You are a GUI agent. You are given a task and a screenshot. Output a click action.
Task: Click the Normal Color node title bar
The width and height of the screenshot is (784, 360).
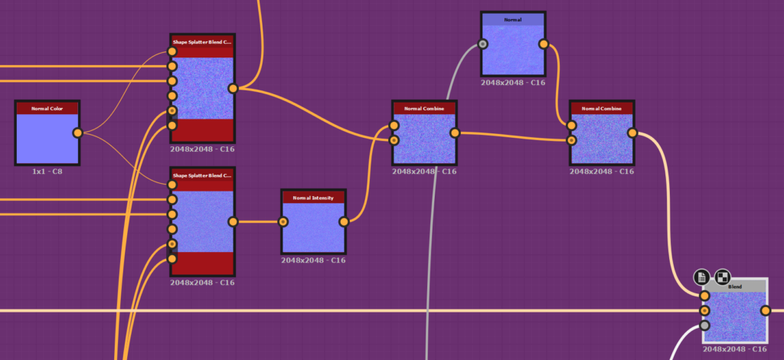pos(47,108)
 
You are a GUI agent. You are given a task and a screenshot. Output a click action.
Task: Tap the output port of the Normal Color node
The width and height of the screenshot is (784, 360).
pos(77,133)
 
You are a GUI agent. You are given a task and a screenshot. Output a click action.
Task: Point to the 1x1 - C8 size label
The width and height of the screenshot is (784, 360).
pos(47,172)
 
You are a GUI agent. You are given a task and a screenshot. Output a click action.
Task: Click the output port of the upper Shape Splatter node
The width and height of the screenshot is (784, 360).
pos(233,88)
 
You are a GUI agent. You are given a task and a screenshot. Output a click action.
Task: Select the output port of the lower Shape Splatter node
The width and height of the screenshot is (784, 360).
pos(233,221)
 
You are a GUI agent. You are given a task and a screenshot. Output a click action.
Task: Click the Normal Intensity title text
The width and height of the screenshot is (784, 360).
pos(313,198)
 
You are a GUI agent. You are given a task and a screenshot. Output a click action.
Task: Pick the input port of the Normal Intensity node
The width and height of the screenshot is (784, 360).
pos(283,222)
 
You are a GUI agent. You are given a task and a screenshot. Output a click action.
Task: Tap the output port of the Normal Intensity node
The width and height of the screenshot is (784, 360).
pos(344,222)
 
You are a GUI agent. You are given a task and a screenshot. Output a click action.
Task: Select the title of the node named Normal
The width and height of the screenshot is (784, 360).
pos(513,19)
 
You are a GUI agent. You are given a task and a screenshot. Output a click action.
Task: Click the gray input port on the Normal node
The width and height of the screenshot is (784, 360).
pos(483,44)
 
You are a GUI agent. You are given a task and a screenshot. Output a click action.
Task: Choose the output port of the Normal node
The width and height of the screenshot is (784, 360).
pos(544,44)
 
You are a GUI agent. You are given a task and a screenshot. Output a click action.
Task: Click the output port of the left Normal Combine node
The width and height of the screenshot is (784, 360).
pos(455,133)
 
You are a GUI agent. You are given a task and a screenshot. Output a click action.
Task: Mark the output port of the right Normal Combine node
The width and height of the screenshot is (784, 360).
pos(632,133)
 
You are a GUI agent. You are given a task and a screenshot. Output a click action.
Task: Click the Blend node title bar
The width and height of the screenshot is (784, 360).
pos(735,286)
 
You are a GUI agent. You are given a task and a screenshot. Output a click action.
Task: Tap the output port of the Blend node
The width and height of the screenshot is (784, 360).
pos(765,310)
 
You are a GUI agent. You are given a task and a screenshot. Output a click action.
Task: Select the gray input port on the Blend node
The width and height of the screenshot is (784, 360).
pos(704,326)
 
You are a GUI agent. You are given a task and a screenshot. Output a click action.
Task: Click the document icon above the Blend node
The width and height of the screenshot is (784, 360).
pos(701,277)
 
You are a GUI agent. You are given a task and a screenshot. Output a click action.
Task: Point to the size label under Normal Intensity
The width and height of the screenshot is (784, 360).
pos(313,260)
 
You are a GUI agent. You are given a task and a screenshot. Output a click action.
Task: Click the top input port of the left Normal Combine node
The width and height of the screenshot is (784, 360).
pos(394,126)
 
